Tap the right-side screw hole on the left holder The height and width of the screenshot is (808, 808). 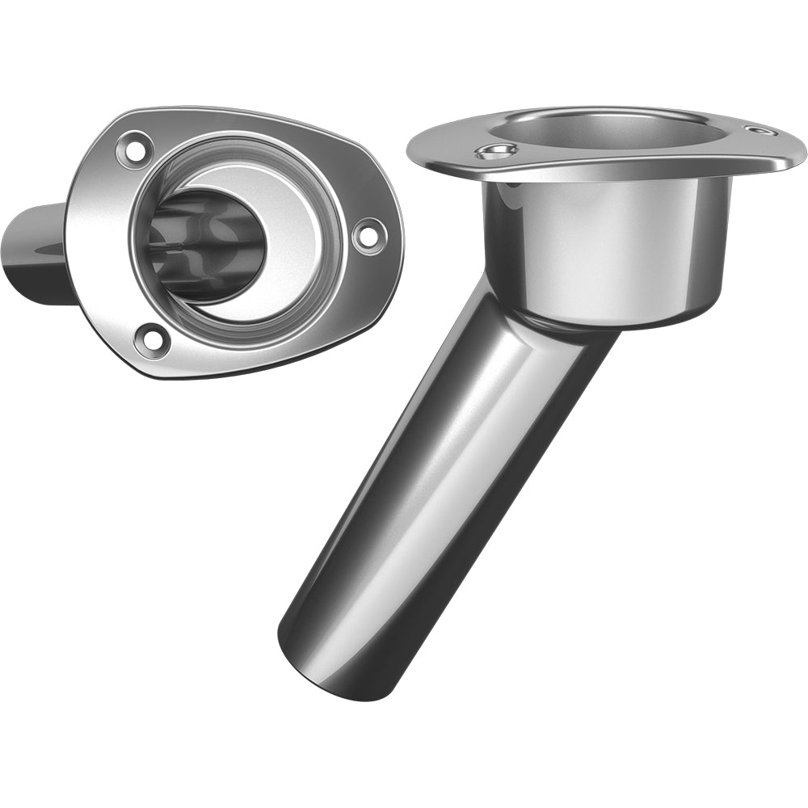[368, 234]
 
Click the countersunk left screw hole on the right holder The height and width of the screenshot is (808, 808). [495, 151]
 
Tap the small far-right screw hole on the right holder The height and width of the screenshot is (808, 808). [762, 130]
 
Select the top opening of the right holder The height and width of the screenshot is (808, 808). [614, 129]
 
